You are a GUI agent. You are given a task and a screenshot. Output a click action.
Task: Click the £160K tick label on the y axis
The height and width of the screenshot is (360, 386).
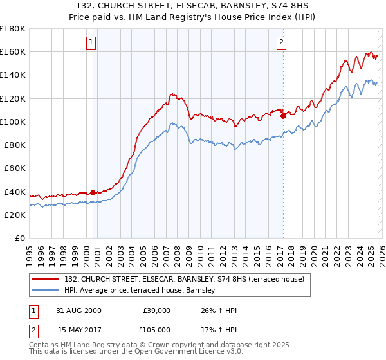click(x=13, y=51)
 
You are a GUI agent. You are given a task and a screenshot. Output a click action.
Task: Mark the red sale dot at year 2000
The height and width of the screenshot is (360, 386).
click(x=93, y=192)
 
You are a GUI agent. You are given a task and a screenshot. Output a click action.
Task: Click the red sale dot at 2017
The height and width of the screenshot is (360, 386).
click(x=283, y=116)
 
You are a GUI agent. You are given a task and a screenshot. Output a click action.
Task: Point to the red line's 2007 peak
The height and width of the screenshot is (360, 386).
click(x=172, y=94)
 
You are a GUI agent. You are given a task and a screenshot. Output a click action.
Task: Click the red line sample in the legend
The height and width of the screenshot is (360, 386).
click(x=47, y=278)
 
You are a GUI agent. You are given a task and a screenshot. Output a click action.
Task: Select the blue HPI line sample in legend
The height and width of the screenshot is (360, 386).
click(x=47, y=291)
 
